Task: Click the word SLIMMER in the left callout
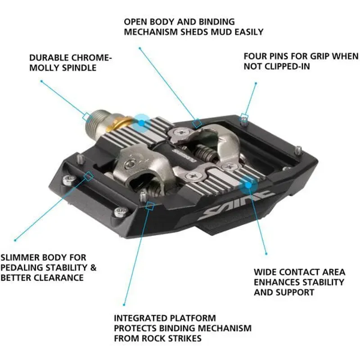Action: (24, 257)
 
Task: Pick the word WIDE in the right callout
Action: (265, 272)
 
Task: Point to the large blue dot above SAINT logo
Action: (248, 184)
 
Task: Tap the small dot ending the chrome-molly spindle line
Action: (41, 81)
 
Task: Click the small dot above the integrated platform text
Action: (125, 304)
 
